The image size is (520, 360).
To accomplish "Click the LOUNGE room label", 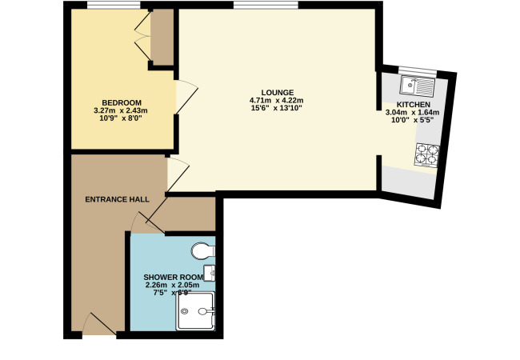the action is [278, 93].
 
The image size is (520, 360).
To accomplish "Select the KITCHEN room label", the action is [414, 105].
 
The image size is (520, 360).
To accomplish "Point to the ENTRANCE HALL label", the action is [117, 199].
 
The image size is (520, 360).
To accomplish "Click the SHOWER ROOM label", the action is [173, 277].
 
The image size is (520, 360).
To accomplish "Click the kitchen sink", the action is [417, 86].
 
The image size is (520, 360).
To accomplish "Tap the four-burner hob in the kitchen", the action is [427, 154].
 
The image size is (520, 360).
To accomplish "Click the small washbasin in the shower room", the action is [210, 273].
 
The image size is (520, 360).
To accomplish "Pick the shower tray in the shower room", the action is [196, 311].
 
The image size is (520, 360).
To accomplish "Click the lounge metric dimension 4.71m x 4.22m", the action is [277, 100].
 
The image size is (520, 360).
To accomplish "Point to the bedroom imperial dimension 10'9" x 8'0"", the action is [121, 118].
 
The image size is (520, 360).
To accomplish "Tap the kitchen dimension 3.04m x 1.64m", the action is [412, 112].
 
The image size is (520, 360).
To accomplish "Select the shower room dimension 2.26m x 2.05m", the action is [173, 285].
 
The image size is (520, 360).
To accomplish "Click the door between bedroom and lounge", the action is [186, 97].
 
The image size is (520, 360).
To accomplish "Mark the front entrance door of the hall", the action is [99, 324].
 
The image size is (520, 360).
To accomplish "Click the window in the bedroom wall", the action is [114, 5].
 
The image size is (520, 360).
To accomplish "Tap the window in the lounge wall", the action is [266, 5].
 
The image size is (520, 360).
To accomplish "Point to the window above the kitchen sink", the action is [418, 70].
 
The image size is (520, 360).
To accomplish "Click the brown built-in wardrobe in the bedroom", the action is [162, 37].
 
